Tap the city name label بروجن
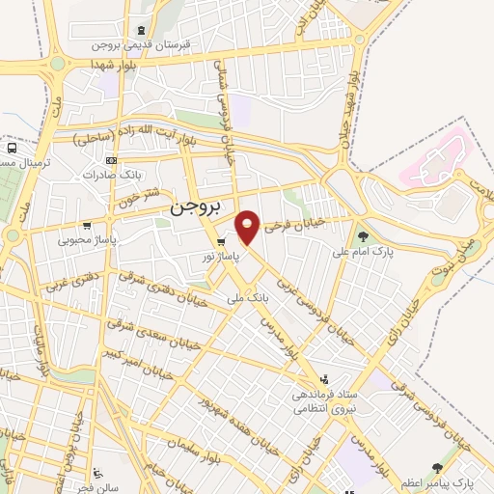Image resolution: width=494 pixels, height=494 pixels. pyautogui.click(x=197, y=207)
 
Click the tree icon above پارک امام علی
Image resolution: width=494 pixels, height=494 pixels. pyautogui.click(x=363, y=235)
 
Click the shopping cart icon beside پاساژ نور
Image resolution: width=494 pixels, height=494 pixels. pyautogui.click(x=222, y=241)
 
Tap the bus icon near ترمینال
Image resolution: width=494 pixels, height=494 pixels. pyautogui.click(x=11, y=149)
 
